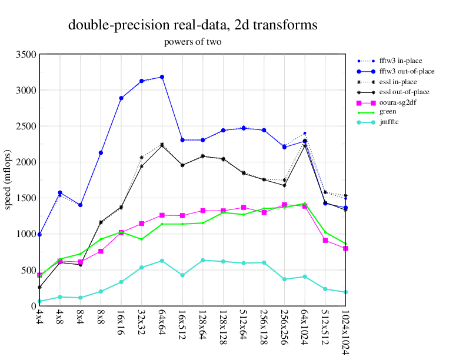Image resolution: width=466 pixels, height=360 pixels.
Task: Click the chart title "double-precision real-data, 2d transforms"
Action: pos(193,25)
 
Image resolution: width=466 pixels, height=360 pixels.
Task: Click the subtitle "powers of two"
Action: pos(193,42)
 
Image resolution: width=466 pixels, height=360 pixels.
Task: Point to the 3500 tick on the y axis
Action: pos(26,55)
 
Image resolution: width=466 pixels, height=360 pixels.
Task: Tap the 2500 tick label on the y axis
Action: pos(26,126)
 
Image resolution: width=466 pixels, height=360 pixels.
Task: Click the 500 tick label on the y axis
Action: pos(28,271)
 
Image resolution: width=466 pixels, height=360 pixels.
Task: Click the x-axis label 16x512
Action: pos(182,323)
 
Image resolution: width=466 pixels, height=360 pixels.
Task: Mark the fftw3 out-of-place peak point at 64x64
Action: pos(162,77)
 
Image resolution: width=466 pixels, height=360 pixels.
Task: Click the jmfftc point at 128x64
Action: pos(202,260)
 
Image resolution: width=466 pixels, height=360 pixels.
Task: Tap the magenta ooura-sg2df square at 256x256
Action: pos(284,205)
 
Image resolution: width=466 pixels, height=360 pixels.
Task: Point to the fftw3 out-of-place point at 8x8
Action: pos(101,153)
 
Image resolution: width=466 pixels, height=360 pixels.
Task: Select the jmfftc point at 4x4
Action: pos(40,302)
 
